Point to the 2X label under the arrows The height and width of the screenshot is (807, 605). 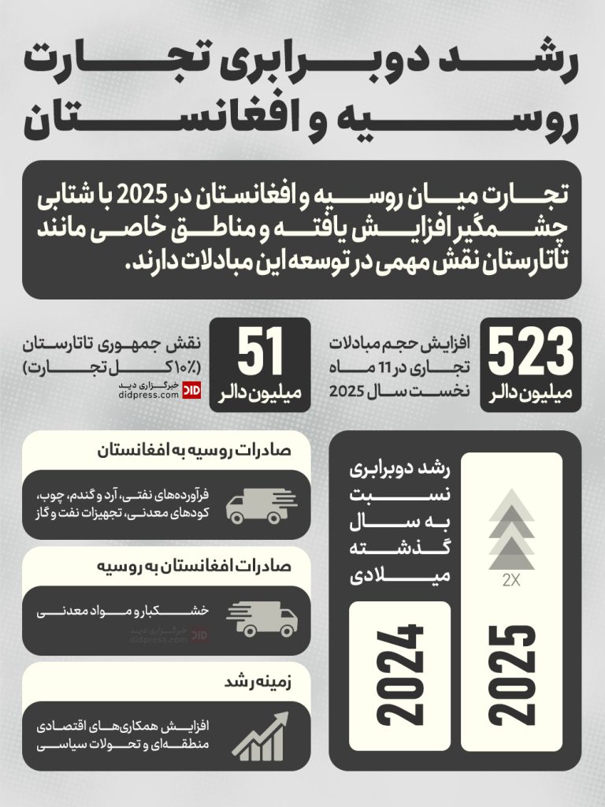click(x=511, y=582)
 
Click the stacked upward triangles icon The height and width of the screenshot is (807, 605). click(x=511, y=530)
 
